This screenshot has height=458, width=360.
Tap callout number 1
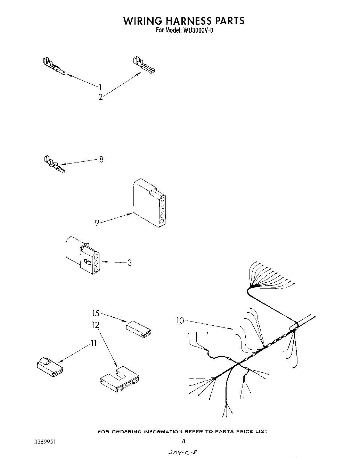(100, 87)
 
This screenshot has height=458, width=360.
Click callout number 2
(100, 98)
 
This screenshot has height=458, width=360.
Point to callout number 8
(101, 160)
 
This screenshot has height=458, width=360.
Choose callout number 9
(97, 223)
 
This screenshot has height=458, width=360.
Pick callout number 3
(129, 263)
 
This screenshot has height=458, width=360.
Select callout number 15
(96, 313)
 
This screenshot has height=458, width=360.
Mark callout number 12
(96, 325)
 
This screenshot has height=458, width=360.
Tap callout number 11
(93, 343)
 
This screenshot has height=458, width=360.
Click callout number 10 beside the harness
(180, 320)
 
